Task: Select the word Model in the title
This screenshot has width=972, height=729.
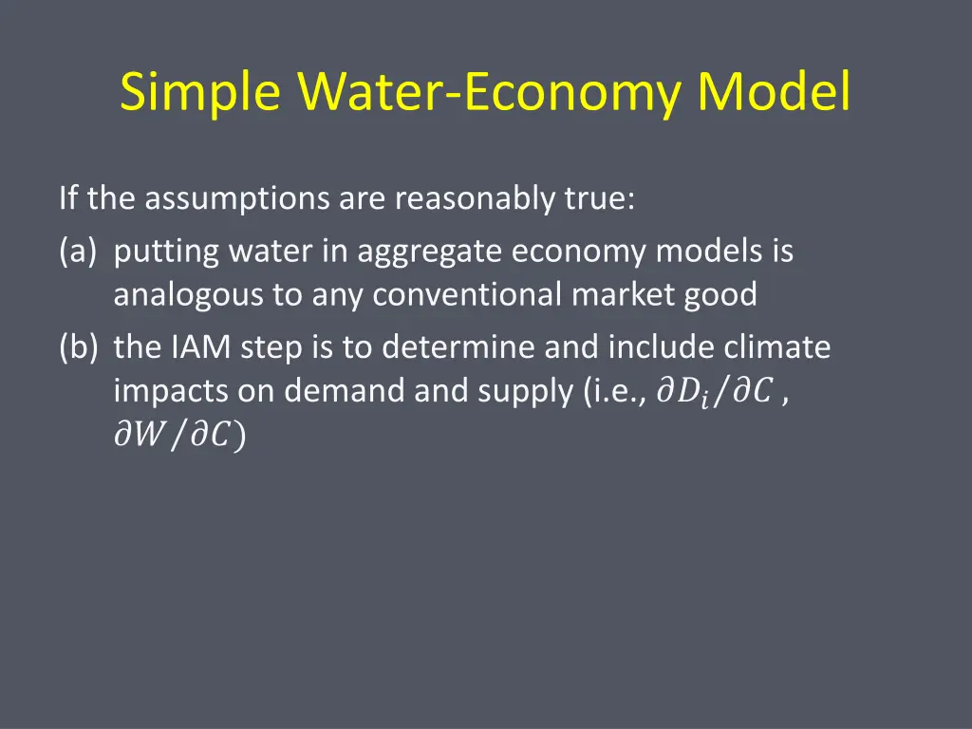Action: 773,93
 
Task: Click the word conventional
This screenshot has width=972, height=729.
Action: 468,295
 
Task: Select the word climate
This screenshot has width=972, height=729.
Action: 777,348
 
